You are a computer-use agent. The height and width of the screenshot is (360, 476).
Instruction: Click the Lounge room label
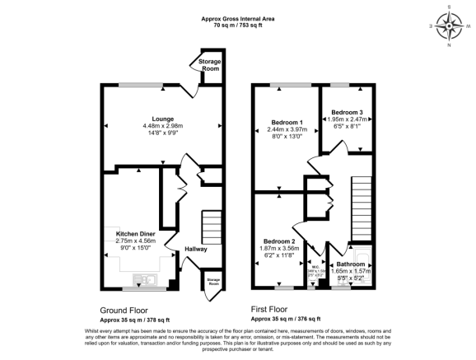pos(162,119)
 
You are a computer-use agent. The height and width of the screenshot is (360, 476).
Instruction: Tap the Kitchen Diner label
pos(135,234)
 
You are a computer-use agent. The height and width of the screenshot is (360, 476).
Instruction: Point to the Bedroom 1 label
pos(287,122)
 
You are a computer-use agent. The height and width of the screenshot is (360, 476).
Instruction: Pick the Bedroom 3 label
pos(347,112)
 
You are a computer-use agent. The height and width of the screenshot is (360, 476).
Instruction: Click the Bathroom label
pos(352,263)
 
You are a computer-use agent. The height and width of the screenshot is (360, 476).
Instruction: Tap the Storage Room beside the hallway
pos(213,282)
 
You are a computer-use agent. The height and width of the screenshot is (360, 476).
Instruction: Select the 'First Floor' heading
pos(272,311)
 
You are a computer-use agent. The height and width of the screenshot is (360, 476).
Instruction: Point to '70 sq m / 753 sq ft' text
pos(238,26)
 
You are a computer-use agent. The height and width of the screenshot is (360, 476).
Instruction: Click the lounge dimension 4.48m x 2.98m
pos(162,126)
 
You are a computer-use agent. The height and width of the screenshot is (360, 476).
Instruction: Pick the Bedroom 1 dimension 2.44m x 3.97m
pos(287,129)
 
